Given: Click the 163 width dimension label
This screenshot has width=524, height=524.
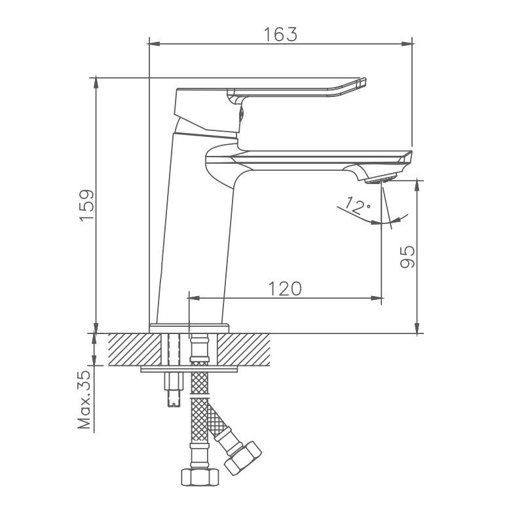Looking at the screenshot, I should click(281, 35).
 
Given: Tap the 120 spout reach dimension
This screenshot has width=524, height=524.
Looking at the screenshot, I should click(285, 288).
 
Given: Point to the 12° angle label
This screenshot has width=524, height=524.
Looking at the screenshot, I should click(358, 208).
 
